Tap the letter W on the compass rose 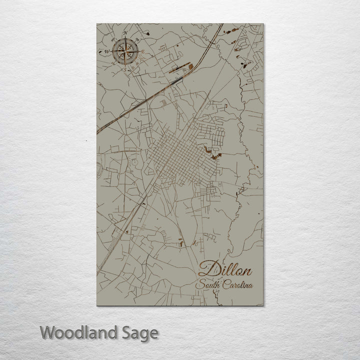(x=106, y=51)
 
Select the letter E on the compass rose (x=143, y=51)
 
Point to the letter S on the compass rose (x=125, y=69)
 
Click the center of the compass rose (x=125, y=51)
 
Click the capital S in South (x=200, y=285)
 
